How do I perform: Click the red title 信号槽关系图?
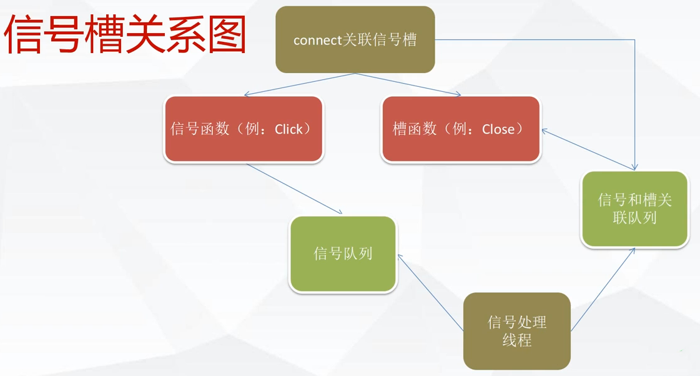pos(125,36)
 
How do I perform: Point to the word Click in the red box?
pos(288,129)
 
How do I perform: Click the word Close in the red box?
pos(498,129)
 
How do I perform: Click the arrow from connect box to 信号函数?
pos(300,84)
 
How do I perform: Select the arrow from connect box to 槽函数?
pos(409,84)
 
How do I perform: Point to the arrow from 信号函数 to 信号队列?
pos(293,189)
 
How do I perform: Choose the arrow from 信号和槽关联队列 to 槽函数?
pos(587,149)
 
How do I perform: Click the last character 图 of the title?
pos(226,36)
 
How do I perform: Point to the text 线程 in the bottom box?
pos(516,340)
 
